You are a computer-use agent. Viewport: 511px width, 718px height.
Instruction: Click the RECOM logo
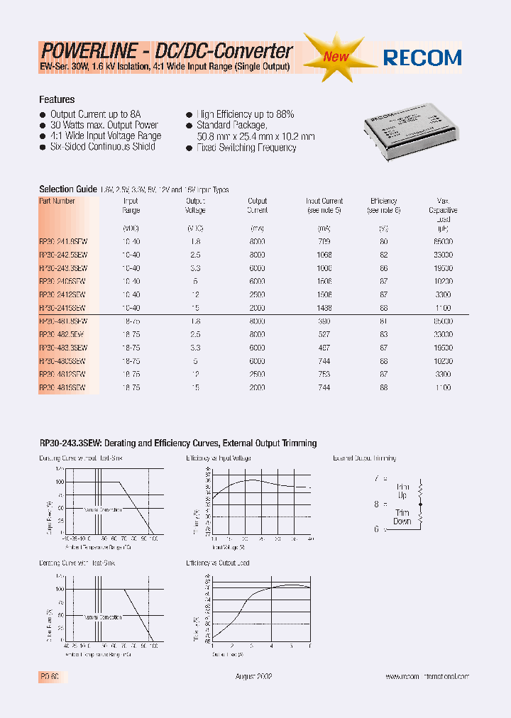[422, 57]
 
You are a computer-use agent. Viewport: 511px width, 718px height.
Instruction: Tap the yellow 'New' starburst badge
[336, 56]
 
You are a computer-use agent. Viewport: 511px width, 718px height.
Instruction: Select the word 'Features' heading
[57, 100]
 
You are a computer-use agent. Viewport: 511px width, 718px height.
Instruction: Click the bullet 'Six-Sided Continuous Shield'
[102, 147]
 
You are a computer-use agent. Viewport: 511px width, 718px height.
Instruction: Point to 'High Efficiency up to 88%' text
[245, 114]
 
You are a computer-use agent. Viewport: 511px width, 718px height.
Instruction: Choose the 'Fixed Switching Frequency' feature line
[246, 148]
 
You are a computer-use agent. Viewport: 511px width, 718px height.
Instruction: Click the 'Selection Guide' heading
[67, 189]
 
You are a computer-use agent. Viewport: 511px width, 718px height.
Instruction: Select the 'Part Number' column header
[57, 201]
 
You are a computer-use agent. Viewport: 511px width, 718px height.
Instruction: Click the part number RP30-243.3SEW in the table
[63, 268]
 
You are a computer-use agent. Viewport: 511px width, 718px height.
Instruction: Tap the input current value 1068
[324, 255]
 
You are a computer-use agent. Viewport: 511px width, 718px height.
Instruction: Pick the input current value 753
[324, 375]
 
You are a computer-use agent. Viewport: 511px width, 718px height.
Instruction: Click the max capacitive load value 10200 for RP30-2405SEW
[442, 282]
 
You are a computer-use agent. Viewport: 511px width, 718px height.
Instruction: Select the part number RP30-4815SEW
[62, 388]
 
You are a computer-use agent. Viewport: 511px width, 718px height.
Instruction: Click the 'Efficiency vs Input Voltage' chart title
[219, 459]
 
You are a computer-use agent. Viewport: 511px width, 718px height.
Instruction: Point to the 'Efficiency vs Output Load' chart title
[219, 563]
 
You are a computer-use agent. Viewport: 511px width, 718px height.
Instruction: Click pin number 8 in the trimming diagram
[377, 504]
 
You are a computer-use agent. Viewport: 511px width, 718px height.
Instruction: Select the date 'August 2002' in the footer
[253, 677]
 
